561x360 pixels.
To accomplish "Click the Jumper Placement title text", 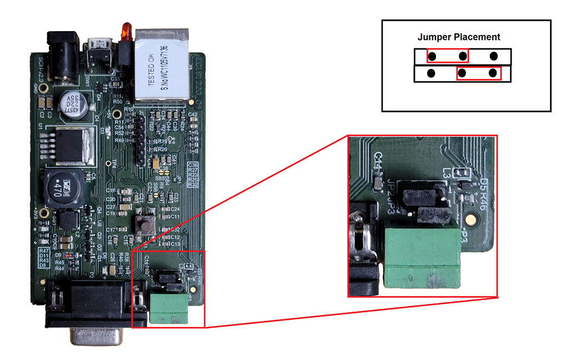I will tap(459, 37).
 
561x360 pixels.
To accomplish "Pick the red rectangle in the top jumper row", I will tap(448, 56).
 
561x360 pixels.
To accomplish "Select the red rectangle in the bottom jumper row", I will tap(478, 73).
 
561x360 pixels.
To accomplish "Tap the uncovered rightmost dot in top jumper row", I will tap(493, 56).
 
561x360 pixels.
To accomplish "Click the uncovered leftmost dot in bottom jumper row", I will tap(431, 73).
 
